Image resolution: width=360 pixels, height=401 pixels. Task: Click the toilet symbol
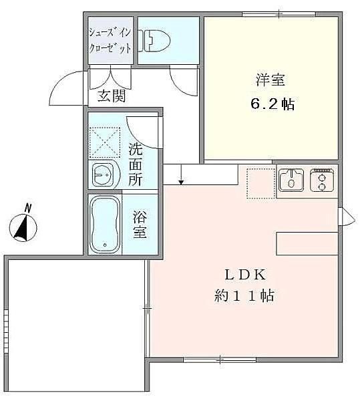154,40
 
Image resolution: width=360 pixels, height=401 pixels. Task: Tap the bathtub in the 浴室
106,225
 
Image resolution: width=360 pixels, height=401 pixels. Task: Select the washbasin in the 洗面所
104,174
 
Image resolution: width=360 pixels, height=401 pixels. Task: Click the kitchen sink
291,180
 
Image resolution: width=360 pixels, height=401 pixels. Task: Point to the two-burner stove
322,180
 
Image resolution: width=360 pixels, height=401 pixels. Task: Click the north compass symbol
23,225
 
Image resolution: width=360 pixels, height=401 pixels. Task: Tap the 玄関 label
112,96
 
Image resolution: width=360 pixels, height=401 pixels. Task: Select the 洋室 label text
271,80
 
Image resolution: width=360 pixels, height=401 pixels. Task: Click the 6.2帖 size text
273,104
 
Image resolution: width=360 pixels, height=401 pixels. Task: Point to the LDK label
245,275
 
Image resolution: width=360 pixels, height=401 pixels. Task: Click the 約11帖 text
244,296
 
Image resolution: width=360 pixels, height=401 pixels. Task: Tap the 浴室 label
140,225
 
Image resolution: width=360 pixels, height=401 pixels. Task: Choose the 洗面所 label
135,164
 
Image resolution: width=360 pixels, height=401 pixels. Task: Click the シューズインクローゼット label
110,40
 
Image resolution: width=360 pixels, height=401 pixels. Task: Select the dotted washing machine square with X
104,142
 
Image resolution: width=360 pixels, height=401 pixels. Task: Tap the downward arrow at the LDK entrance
181,175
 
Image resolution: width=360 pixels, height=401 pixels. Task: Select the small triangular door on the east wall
347,217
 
